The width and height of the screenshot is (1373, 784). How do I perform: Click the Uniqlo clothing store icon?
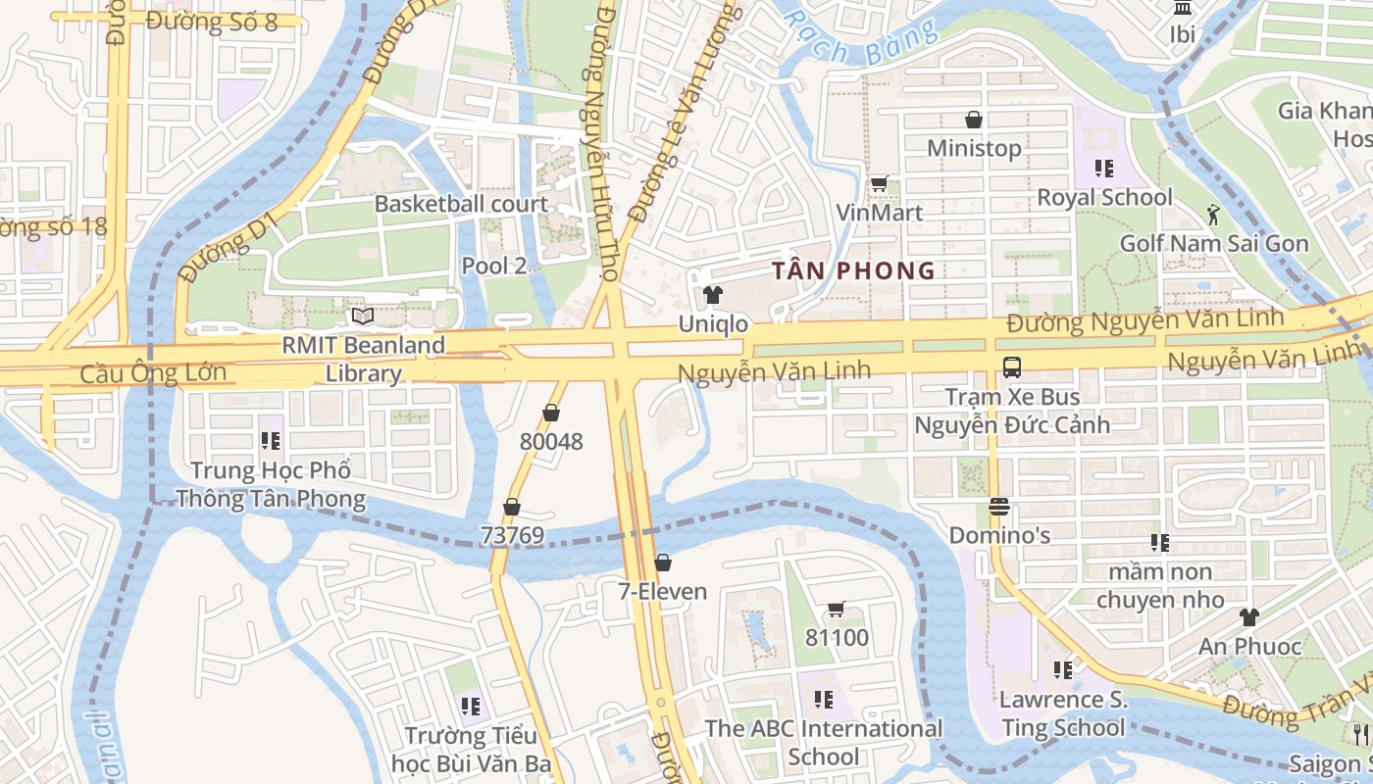click(x=713, y=294)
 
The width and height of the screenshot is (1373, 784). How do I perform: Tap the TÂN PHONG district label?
click(x=853, y=270)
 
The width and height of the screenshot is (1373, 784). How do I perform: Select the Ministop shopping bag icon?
click(x=974, y=120)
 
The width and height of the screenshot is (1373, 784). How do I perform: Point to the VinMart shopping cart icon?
click(x=879, y=183)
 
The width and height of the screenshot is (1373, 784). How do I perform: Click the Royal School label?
click(x=1104, y=197)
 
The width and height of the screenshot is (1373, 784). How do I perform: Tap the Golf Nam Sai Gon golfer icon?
click(x=1214, y=214)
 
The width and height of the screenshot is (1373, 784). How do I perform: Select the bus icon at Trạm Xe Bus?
click(x=1012, y=367)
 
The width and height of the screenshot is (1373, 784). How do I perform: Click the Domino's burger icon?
click(x=999, y=507)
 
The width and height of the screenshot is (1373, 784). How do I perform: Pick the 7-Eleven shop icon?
click(x=663, y=563)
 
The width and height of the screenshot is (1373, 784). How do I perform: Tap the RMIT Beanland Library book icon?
click(x=363, y=316)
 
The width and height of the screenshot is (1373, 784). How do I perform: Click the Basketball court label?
click(x=461, y=204)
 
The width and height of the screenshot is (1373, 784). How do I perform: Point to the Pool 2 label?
click(x=494, y=266)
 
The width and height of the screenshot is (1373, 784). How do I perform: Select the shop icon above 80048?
click(x=551, y=413)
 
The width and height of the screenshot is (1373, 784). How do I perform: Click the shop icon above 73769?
click(x=511, y=507)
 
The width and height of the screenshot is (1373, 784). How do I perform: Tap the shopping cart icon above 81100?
click(x=837, y=610)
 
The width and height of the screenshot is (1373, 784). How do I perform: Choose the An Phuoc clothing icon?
click(x=1248, y=617)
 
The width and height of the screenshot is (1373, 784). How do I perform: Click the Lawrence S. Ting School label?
click(x=1063, y=713)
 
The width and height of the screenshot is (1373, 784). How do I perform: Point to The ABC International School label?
click(x=824, y=742)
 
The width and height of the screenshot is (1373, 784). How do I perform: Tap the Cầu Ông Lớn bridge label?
click(x=153, y=373)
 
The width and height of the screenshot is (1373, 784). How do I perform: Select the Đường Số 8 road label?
click(x=212, y=22)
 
